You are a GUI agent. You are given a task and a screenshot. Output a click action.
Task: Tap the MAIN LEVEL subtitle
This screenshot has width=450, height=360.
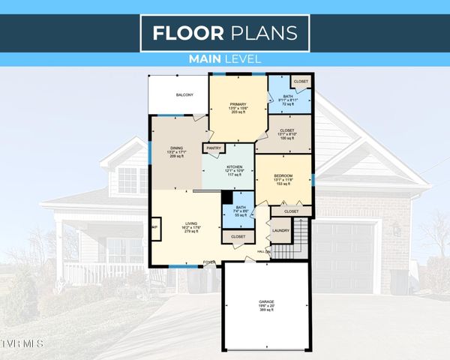point(224,59)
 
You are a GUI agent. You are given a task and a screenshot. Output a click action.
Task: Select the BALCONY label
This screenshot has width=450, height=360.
point(184,95)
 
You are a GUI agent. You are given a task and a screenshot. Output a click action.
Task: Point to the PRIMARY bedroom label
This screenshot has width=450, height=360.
point(238,104)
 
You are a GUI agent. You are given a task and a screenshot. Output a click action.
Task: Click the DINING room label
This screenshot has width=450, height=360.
point(176,148)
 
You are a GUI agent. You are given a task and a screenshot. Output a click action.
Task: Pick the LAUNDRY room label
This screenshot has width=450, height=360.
point(280,231)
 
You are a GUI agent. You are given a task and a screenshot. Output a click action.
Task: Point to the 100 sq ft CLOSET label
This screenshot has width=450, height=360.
point(288,130)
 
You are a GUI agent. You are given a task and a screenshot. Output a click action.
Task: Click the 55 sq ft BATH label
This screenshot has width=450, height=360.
point(241,208)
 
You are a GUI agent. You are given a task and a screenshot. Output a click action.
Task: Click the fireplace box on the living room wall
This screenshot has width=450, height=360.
point(155,228)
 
